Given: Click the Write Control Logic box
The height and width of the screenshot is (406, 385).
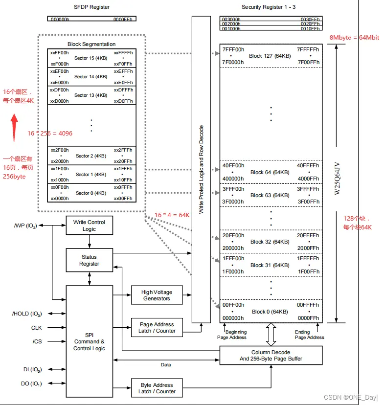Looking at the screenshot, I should coord(89,226).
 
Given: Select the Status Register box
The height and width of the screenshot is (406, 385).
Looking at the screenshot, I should coord(89,260).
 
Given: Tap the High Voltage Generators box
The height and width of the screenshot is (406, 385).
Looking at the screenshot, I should coord(157,295).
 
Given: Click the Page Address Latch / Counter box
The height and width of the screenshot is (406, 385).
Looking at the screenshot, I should coord(157,328).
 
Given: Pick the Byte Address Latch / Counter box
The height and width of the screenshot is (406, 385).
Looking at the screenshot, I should coord(157,388).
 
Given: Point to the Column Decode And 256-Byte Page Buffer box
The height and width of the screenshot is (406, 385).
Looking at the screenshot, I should coord(271,356).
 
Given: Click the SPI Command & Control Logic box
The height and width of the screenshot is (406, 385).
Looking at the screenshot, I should coord(89,341).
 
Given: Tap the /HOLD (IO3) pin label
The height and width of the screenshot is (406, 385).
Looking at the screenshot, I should coord(27,314).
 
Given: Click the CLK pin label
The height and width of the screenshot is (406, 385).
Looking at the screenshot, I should coord(37,328).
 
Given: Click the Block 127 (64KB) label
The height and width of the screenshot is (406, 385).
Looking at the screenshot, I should coord(270,56).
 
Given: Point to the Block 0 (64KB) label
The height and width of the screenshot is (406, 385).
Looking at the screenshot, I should coord(270,312).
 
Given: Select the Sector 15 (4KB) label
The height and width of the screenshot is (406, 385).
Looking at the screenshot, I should coord(91,58).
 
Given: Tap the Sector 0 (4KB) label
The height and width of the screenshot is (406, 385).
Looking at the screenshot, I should coord(91,193).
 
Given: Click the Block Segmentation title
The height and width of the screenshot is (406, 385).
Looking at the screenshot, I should coord(91,44).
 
